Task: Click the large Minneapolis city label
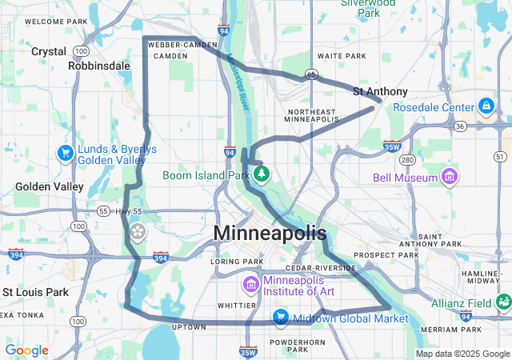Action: [x=270, y=234]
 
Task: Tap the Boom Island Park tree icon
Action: [x=261, y=173]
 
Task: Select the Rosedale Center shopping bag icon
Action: [x=486, y=106]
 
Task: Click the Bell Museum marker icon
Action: [x=450, y=176]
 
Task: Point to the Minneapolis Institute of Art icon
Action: [x=250, y=284]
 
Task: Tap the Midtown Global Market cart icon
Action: [x=280, y=318]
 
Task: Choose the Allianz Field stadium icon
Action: [x=503, y=302]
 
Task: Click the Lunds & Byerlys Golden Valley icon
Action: [x=66, y=152]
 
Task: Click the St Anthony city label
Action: [x=380, y=92]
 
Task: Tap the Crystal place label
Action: [x=48, y=51]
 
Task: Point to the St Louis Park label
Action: [x=35, y=292]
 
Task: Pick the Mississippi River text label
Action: [x=238, y=82]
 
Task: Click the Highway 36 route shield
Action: [x=458, y=126]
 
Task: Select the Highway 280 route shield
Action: [x=407, y=160]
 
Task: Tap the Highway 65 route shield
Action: [x=311, y=74]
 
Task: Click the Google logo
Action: [x=27, y=350]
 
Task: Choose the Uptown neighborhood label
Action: [x=189, y=327]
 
